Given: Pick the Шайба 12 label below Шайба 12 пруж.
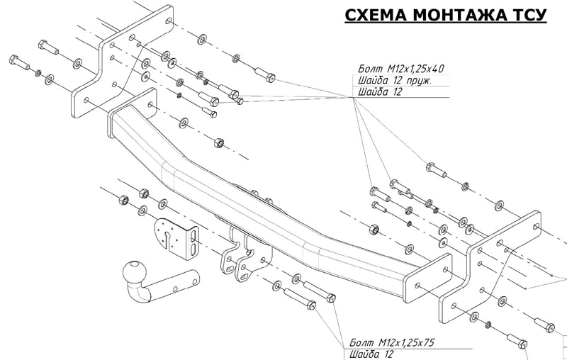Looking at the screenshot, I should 376,92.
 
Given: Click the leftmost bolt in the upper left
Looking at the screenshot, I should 18,62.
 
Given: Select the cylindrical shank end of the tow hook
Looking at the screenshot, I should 180,281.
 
